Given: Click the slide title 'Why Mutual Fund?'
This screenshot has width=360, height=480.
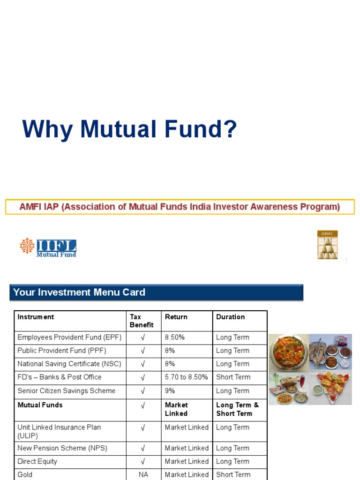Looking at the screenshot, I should pos(129,129).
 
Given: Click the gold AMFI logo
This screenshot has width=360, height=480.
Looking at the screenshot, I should pos(327,245).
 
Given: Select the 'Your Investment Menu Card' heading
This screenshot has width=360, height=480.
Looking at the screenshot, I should pos(79,292).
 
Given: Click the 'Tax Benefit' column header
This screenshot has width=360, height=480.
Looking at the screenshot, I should pos(142,321).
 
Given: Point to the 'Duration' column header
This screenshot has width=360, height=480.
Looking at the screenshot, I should pos(230,317).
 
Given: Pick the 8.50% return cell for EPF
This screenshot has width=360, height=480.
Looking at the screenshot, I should pos(175,337).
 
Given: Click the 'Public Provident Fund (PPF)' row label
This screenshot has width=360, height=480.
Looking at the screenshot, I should pos(61,351).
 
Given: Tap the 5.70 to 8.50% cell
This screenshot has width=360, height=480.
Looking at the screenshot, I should pos(186,377).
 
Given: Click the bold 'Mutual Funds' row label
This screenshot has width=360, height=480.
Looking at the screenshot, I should pos(40,405).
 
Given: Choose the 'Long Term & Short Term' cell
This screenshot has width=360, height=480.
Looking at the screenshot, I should pos(237,409).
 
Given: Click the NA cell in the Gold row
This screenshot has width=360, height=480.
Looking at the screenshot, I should pos(143,474).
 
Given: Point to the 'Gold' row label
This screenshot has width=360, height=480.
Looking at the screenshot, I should pos(25,474).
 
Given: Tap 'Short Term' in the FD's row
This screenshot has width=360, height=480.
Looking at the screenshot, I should pos(233,377).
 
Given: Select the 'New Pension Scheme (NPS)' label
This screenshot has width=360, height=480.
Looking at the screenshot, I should pos(62,448).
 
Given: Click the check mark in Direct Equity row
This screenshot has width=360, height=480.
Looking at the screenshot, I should pos(143,461).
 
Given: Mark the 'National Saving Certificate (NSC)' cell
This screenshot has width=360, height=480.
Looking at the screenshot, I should pos(69,364).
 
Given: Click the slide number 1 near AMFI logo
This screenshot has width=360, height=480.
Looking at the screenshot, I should pos(346,261).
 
